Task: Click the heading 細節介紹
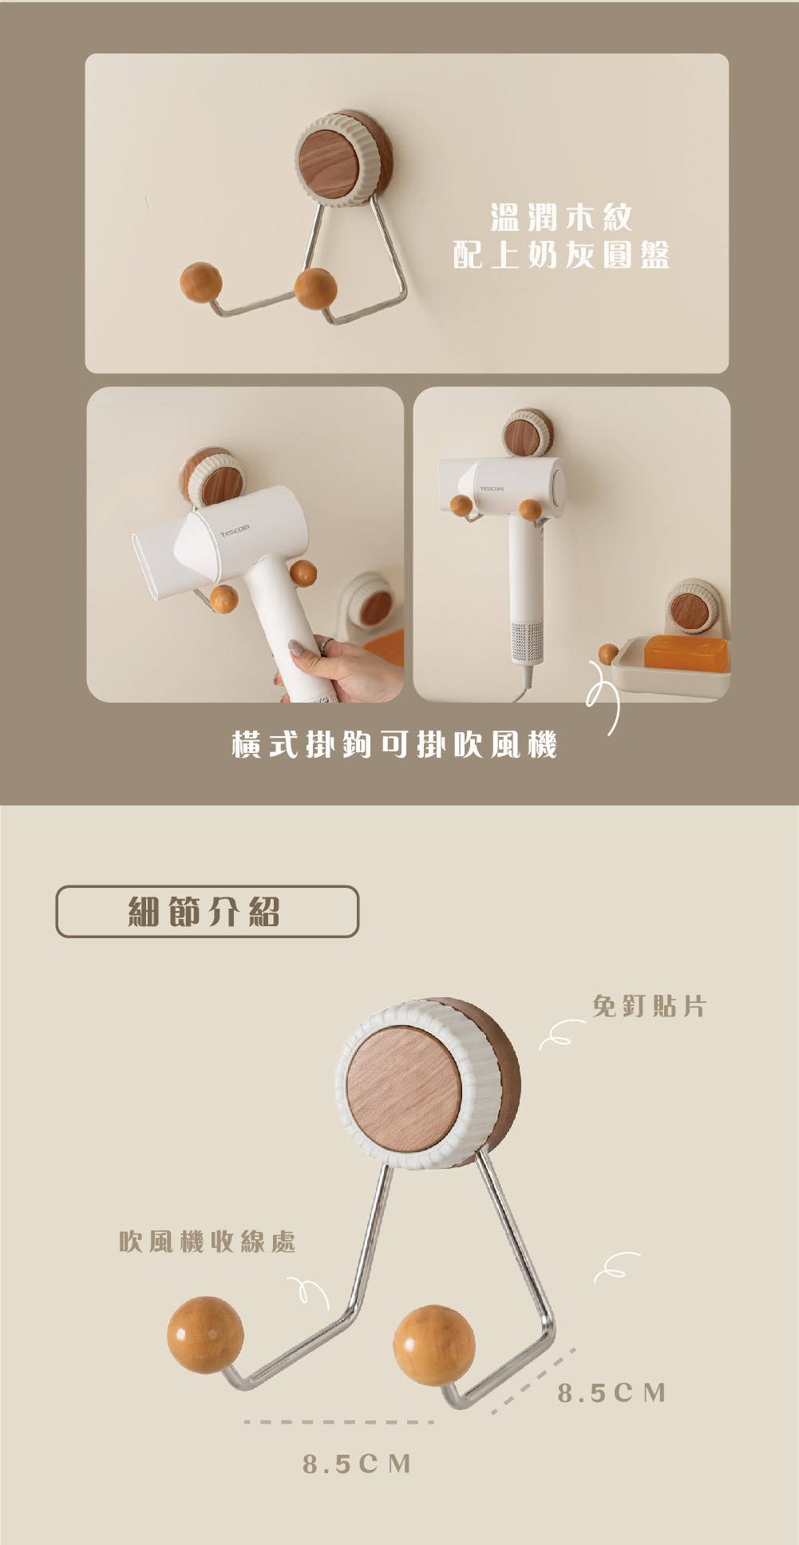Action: [x=204, y=911]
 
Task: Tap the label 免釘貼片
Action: [x=649, y=1006]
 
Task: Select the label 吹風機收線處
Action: [x=208, y=1242]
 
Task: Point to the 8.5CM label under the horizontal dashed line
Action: [x=357, y=1464]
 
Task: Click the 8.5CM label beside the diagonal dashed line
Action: [x=611, y=1393]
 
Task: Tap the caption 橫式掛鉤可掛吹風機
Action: [x=394, y=744]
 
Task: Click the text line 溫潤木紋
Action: [x=561, y=217]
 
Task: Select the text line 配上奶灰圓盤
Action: [x=561, y=255]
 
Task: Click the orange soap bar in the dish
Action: [x=686, y=652]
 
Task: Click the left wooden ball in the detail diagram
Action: [x=205, y=1335]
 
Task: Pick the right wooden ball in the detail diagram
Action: [x=434, y=1345]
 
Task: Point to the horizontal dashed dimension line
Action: [x=339, y=1422]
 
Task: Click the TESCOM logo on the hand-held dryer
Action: [x=235, y=529]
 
